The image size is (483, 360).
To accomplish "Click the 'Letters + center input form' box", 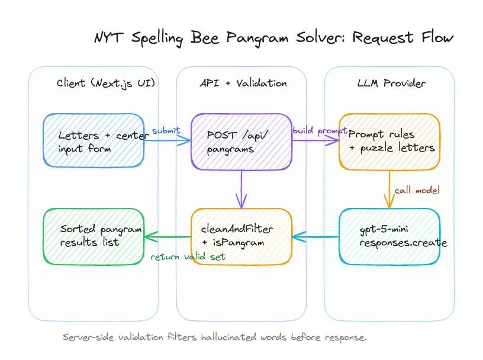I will tap(94, 140).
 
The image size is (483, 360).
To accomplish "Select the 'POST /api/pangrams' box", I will tap(241, 141).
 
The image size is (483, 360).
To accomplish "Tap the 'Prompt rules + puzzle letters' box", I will tap(389, 141).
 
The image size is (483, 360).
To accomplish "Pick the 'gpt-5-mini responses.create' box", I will tap(389, 236).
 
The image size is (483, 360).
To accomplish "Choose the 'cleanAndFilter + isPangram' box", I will tap(241, 236).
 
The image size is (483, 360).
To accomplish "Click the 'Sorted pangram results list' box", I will tap(94, 236).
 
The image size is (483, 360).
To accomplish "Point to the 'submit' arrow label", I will tap(166, 131).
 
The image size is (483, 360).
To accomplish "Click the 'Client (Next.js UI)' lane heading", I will tap(106, 83).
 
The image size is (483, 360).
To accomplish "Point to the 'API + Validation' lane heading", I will tap(243, 83).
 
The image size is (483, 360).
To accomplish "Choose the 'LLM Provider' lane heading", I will tap(391, 83).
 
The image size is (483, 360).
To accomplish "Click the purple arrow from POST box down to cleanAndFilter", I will tap(241, 188).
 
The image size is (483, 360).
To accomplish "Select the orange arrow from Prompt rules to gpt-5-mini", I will tap(389, 188).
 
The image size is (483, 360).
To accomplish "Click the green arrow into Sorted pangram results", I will tap(168, 237).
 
